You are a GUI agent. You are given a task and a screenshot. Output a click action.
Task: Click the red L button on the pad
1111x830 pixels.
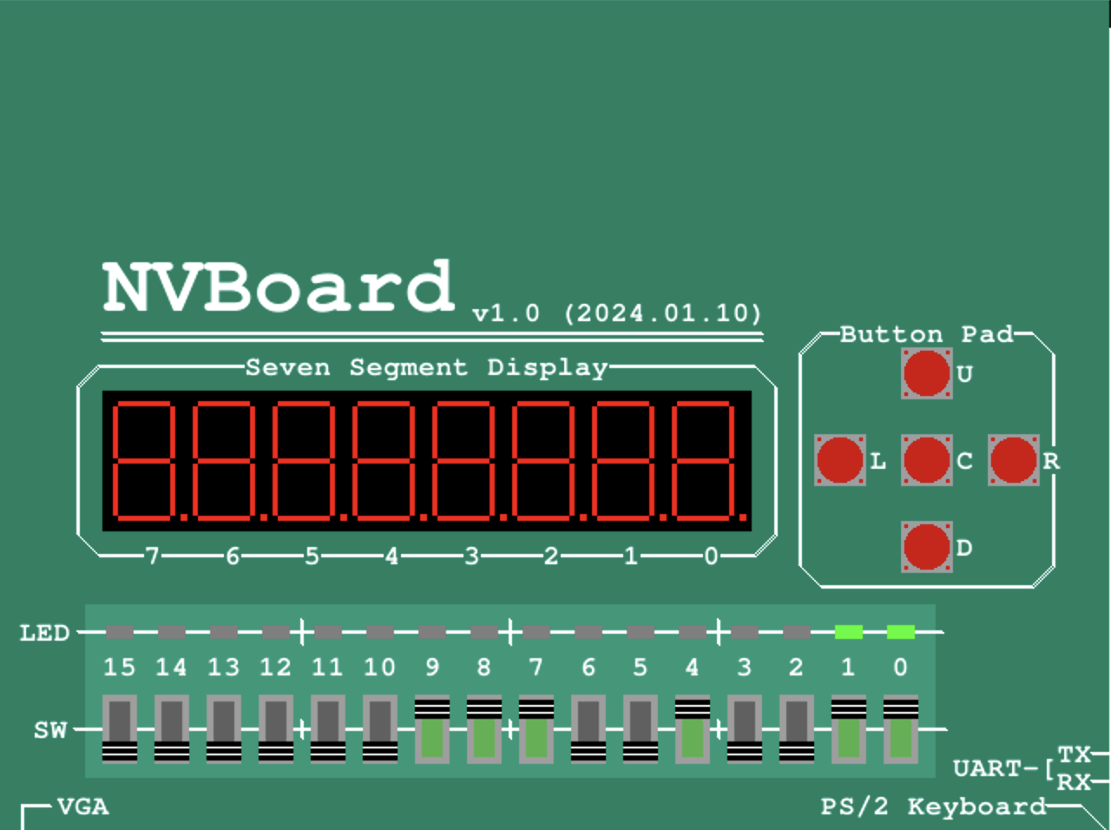tap(839, 460)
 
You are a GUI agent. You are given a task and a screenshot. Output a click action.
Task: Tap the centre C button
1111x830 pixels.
tap(926, 460)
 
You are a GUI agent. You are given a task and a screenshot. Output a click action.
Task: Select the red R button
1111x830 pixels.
tap(1013, 460)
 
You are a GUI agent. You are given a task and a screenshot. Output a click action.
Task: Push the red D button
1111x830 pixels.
tap(926, 547)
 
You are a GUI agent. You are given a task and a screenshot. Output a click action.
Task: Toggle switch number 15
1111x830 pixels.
tap(120, 729)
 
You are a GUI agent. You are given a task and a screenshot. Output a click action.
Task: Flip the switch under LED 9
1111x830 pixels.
tap(432, 729)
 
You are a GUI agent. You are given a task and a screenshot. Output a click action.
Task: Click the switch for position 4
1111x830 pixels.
tap(693, 729)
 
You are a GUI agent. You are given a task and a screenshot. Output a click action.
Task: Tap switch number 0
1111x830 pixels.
tap(901, 729)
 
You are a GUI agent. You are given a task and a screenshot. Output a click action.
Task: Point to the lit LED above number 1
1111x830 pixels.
tap(849, 632)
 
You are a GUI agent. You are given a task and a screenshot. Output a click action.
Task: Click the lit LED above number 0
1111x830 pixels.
tap(901, 632)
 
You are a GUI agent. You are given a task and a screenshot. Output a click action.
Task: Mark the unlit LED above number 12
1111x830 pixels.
tap(276, 632)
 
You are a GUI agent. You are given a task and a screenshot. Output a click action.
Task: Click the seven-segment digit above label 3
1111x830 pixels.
tap(464, 460)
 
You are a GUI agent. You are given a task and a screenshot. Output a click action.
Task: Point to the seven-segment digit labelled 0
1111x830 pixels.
tap(705, 460)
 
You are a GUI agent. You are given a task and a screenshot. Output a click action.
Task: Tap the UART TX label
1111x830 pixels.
tap(1074, 754)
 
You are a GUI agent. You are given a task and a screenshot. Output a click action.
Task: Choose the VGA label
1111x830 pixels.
tap(83, 807)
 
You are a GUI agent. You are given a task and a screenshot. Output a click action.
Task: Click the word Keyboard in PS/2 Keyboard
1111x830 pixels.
tap(976, 807)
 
